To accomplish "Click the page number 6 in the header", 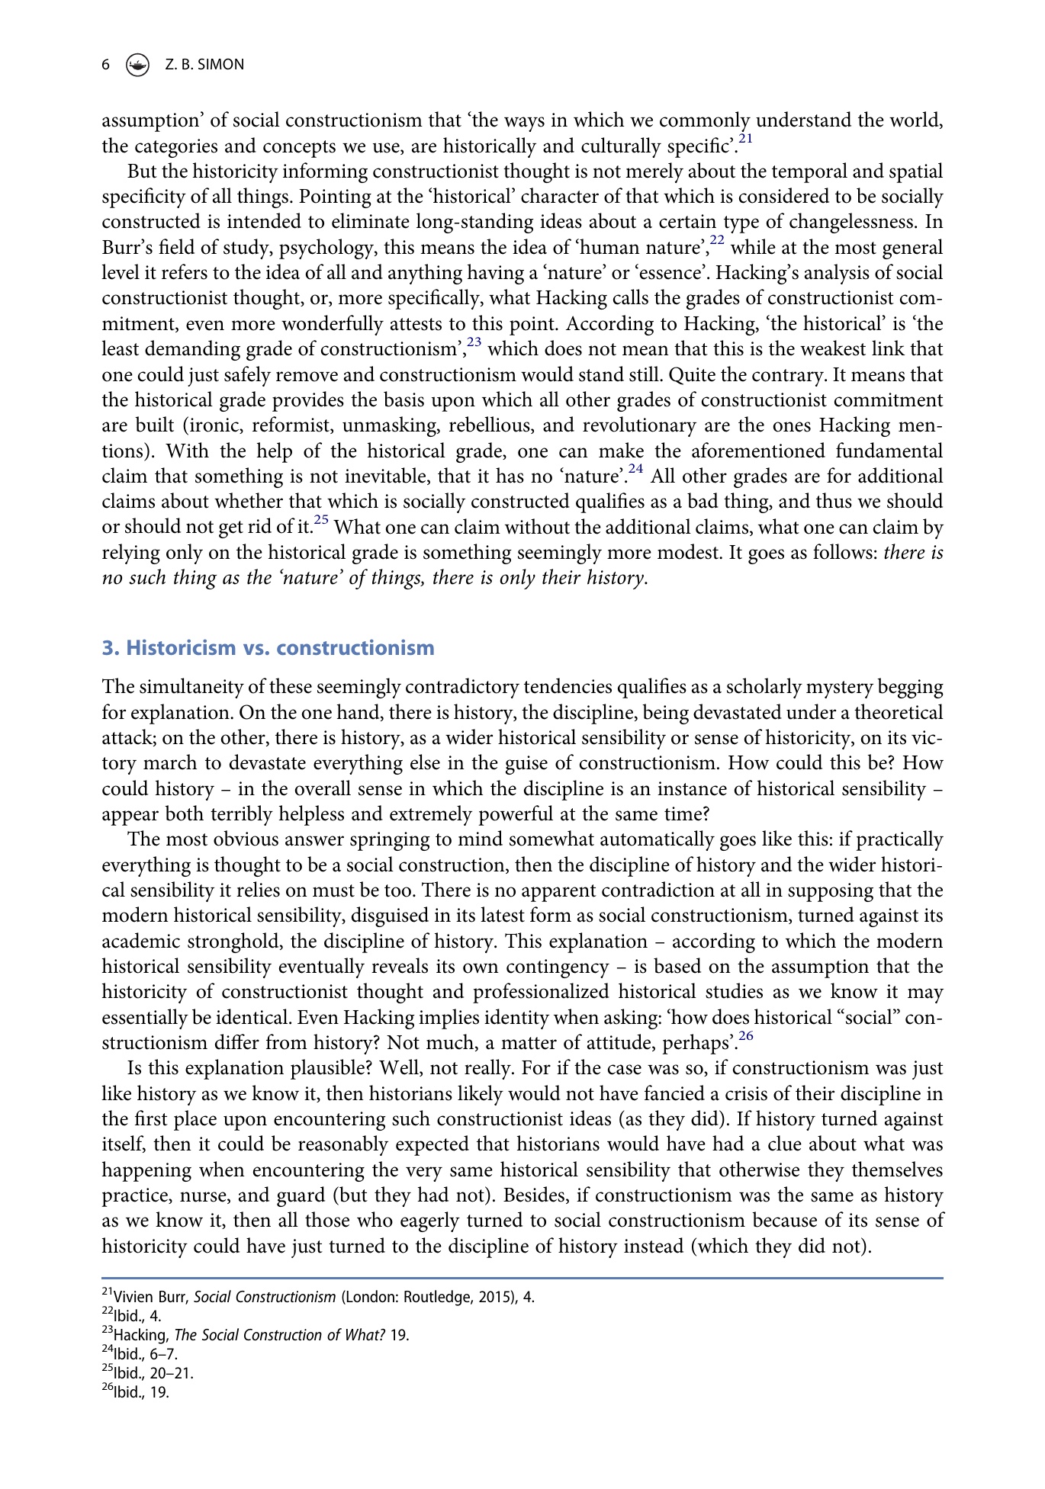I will point(106,65).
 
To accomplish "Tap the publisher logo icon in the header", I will point(137,66).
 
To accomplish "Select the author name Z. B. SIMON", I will point(204,65).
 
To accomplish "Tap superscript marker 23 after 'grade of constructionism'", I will point(474,342).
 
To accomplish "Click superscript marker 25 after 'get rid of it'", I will point(321,519).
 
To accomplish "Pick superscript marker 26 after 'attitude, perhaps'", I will point(745,1035).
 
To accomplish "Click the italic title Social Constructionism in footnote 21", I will point(265,1298).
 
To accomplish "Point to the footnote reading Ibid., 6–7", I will point(145,1355).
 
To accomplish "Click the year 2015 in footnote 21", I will point(494,1298).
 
